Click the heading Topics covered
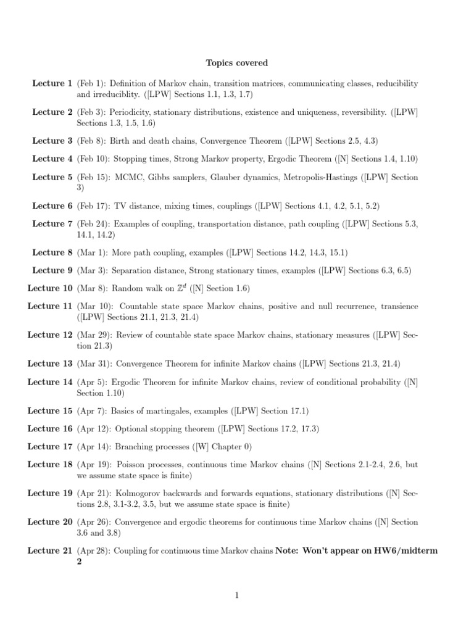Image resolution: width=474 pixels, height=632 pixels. (237, 63)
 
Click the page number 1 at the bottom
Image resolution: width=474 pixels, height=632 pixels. (237, 595)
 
